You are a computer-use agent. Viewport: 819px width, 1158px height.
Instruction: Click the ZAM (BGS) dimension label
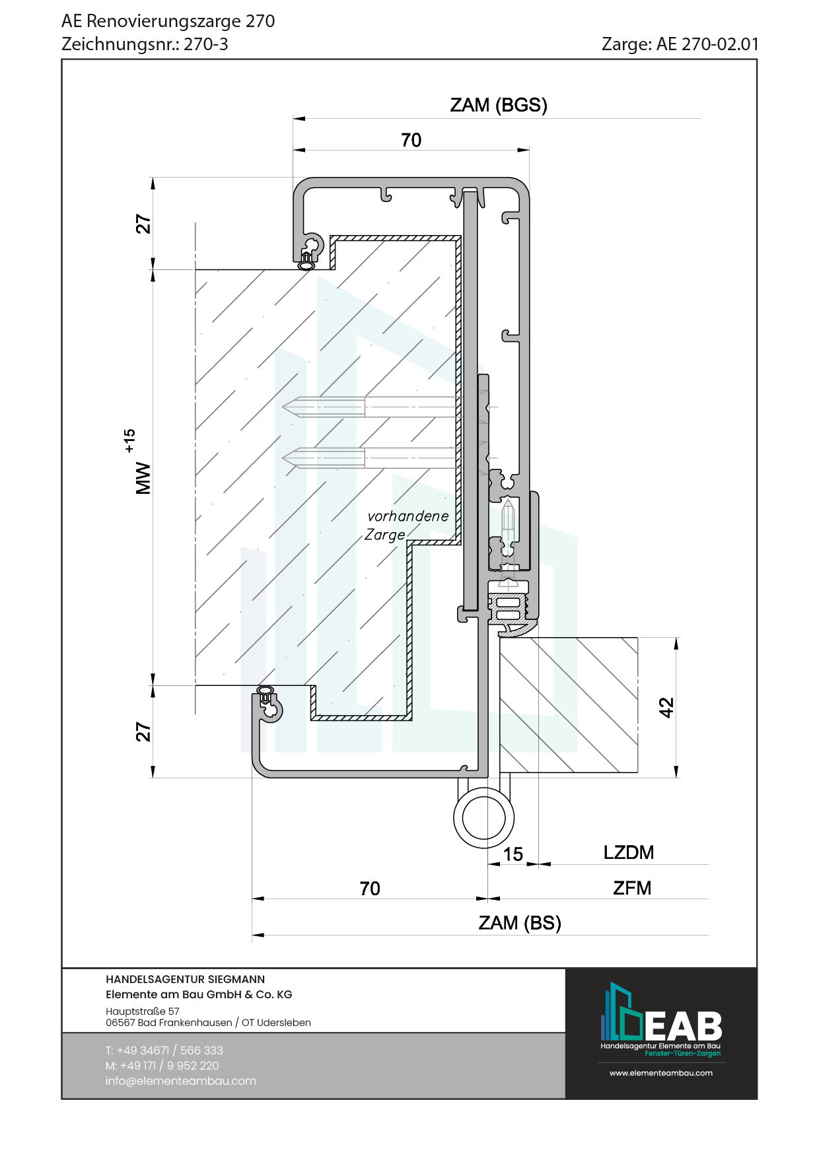pyautogui.click(x=499, y=106)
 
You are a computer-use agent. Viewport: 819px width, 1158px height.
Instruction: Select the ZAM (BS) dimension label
pyautogui.click(x=520, y=923)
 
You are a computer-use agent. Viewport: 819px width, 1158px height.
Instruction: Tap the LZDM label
pyautogui.click(x=628, y=852)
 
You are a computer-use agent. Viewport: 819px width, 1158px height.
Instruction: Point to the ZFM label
pyautogui.click(x=631, y=888)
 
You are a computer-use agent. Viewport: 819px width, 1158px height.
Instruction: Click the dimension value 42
pyautogui.click(x=666, y=707)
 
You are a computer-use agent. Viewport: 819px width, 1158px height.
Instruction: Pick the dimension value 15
pyautogui.click(x=513, y=854)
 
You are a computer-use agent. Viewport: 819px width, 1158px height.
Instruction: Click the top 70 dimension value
pyautogui.click(x=411, y=140)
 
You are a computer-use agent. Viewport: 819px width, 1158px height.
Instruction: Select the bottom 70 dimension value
pyautogui.click(x=370, y=889)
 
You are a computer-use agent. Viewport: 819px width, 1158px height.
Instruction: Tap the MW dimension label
pyautogui.click(x=143, y=478)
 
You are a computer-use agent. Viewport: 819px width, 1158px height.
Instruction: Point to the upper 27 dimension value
pyautogui.click(x=143, y=224)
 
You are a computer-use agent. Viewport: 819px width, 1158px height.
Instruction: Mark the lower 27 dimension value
pyautogui.click(x=143, y=732)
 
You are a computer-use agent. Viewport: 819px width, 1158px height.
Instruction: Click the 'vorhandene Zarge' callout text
pyautogui.click(x=406, y=526)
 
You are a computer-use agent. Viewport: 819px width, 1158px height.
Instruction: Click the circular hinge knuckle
pyautogui.click(x=483, y=817)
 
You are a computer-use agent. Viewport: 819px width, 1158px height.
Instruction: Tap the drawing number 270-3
pyautogui.click(x=206, y=44)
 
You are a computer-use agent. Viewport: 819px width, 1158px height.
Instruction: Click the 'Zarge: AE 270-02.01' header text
pyautogui.click(x=680, y=44)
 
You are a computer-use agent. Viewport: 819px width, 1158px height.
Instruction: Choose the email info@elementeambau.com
pyautogui.click(x=180, y=1081)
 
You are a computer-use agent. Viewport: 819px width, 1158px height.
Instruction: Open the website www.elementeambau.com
pyautogui.click(x=660, y=1073)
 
